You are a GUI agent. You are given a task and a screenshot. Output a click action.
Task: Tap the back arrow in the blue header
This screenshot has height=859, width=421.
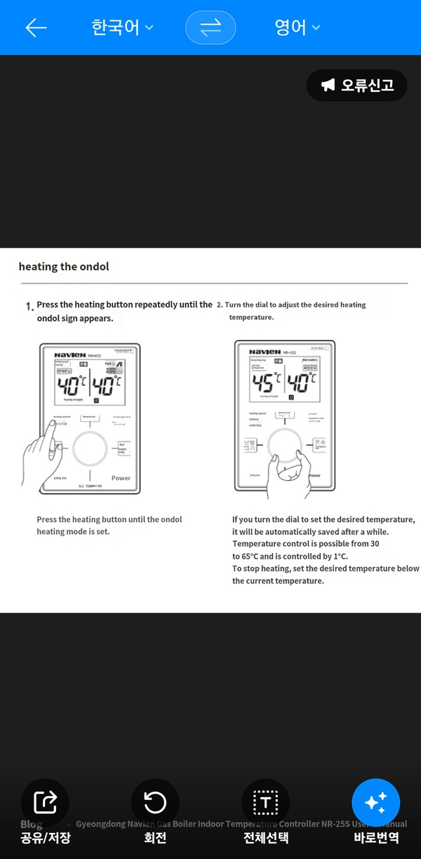click(x=36, y=27)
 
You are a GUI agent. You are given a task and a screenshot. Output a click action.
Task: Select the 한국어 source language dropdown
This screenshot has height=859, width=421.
click(x=122, y=27)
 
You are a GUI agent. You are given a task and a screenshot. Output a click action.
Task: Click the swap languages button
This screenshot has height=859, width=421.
click(x=210, y=27)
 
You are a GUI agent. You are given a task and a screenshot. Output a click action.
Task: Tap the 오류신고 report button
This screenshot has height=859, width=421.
click(x=357, y=86)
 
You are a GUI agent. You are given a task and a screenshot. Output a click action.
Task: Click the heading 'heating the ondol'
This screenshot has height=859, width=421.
click(x=64, y=267)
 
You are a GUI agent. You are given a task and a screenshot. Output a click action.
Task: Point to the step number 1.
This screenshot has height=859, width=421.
click(x=29, y=307)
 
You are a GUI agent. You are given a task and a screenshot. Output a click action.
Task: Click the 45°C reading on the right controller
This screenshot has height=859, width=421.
click(x=267, y=383)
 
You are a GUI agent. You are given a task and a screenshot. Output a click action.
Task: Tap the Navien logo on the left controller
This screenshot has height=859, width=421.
click(x=69, y=355)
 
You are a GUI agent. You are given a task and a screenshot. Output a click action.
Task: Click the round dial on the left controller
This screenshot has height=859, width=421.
click(x=90, y=449)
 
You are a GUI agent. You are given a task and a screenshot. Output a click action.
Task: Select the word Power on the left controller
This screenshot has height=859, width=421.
click(x=121, y=478)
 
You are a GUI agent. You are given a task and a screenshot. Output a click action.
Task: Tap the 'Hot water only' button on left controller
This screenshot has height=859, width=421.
click(x=122, y=448)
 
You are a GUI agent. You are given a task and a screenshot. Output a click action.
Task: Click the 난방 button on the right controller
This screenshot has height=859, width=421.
click(x=250, y=446)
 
